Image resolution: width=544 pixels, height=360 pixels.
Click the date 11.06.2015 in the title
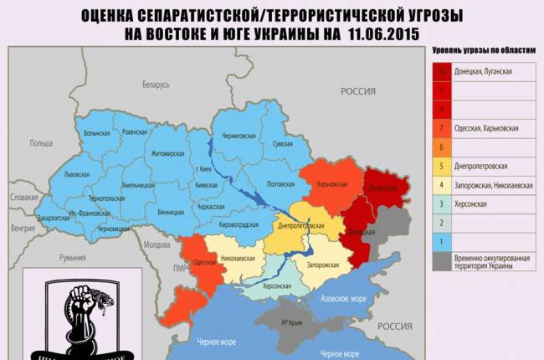click(x=382, y=33)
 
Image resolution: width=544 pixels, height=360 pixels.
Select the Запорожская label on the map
click(x=322, y=265)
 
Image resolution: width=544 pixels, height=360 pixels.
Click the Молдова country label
click(x=157, y=245)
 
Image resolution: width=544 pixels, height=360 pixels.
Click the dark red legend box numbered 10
click(x=440, y=73)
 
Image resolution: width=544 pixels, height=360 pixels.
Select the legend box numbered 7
click(x=440, y=128)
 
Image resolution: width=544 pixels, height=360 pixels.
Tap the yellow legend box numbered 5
click(x=440, y=165)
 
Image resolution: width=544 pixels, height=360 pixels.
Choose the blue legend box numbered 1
click(x=440, y=240)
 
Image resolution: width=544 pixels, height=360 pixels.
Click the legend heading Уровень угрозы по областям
click(x=483, y=50)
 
